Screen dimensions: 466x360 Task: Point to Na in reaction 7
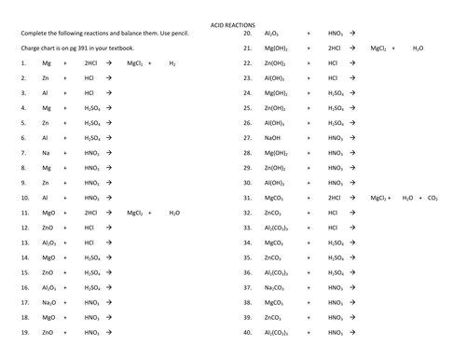tap(46, 153)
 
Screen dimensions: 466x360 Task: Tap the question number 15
tap(23, 272)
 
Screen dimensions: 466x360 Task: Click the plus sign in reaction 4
tap(65, 108)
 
